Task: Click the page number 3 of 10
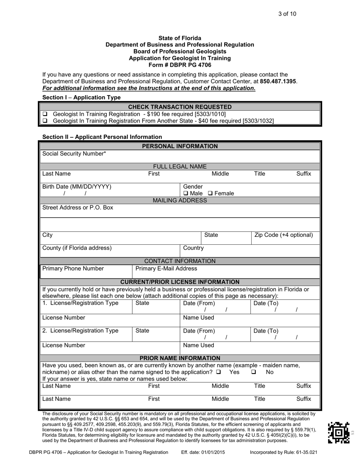(x=287, y=14)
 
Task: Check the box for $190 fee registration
(x=45, y=114)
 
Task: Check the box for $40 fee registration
(x=45, y=121)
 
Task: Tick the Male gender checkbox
(x=186, y=194)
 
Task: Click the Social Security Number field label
(x=74, y=154)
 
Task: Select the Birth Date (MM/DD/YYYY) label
(x=77, y=187)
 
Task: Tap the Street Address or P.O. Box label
(x=78, y=208)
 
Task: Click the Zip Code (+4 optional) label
(x=284, y=235)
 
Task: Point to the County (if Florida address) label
(x=77, y=248)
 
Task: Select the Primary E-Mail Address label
(x=166, y=269)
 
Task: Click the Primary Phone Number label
(x=73, y=269)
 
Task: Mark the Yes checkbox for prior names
(x=219, y=372)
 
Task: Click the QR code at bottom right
(x=338, y=433)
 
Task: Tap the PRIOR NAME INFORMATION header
(x=180, y=358)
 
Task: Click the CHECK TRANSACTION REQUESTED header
(x=180, y=107)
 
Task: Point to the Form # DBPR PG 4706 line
(x=180, y=65)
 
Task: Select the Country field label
(x=193, y=248)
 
